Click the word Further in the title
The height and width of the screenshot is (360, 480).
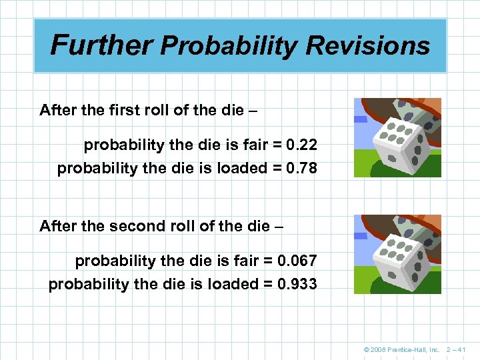(x=102, y=45)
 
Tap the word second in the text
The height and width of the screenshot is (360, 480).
(x=129, y=226)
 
